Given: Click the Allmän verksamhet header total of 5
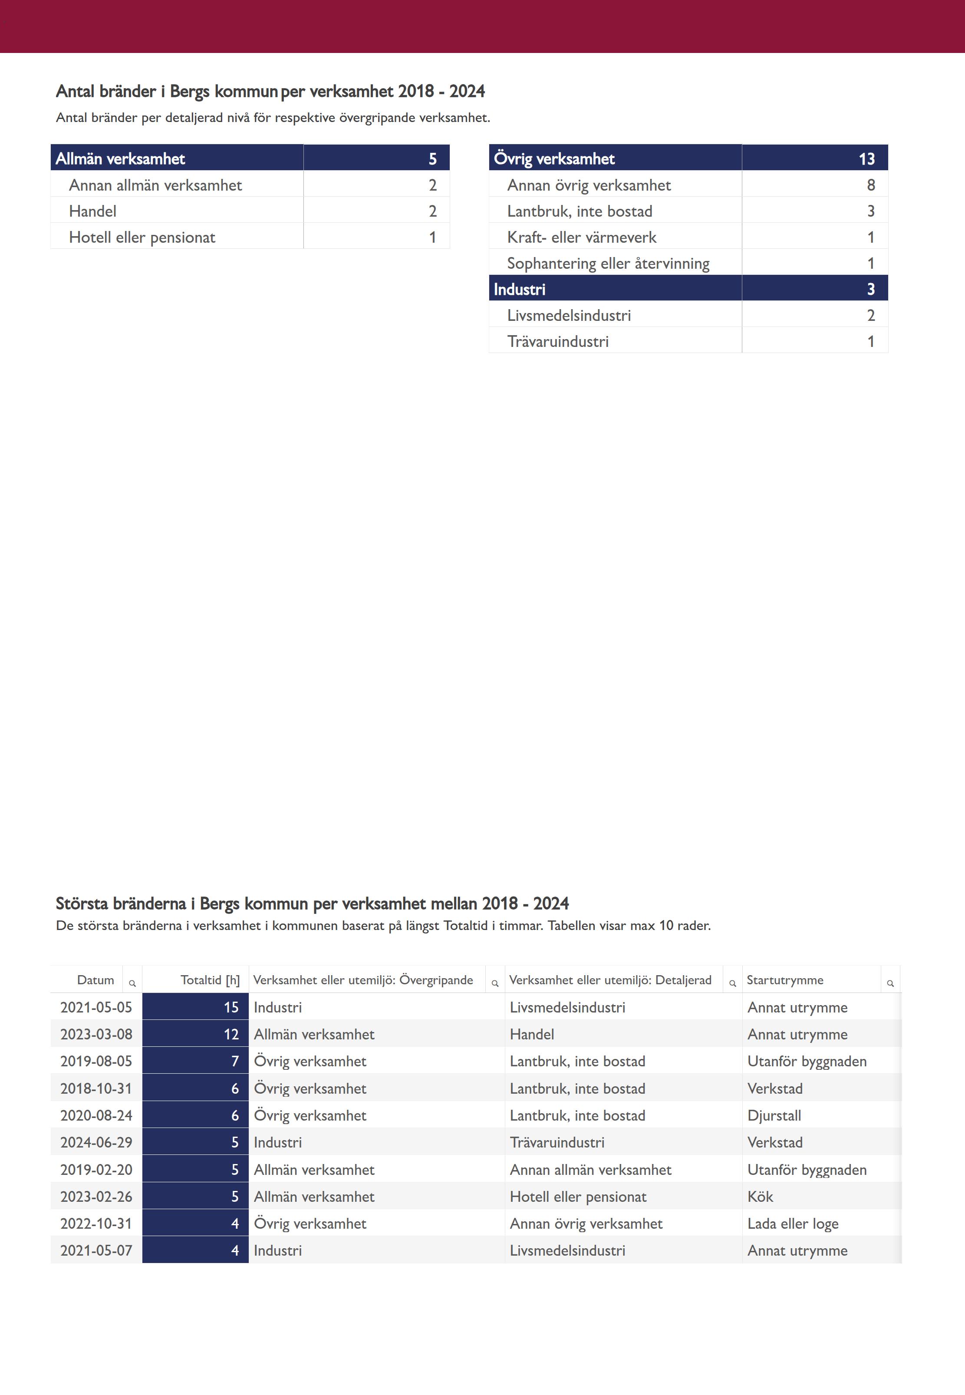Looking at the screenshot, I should click(432, 158).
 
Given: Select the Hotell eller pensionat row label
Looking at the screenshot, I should click(142, 237).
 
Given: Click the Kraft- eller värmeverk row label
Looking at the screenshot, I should click(581, 237).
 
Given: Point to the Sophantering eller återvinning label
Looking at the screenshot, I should click(608, 263).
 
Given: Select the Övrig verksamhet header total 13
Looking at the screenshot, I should click(866, 158).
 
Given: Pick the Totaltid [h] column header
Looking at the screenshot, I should click(210, 979).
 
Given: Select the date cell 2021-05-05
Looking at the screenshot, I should click(96, 1007).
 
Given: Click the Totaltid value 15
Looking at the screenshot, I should click(231, 1007).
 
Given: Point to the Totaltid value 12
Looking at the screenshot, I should click(231, 1034).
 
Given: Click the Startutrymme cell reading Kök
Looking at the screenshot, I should click(760, 1196).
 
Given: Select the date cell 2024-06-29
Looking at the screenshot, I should click(96, 1142).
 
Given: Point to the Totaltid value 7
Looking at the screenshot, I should click(234, 1061).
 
